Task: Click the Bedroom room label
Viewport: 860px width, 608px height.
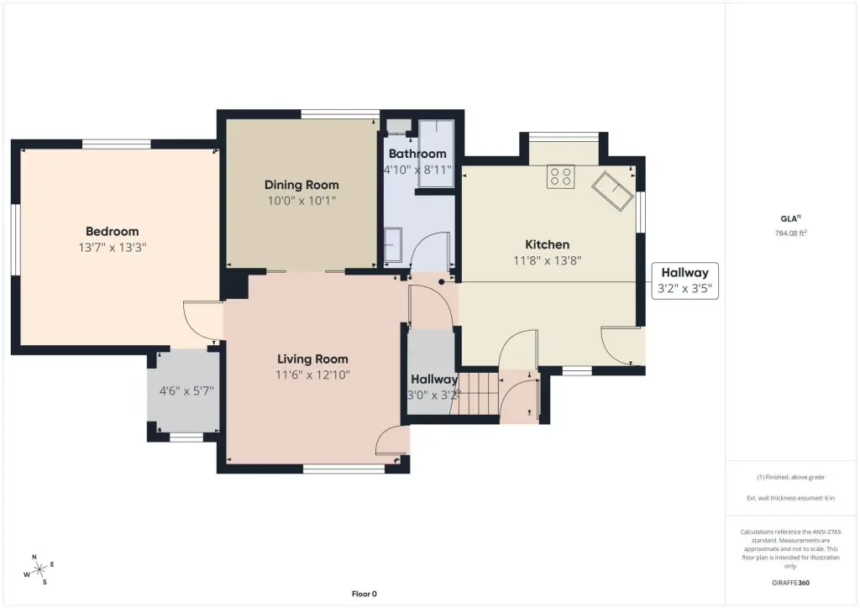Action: tap(112, 231)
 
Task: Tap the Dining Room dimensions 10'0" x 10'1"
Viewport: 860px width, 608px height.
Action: tap(302, 201)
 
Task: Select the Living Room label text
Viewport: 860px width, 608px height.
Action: tap(312, 359)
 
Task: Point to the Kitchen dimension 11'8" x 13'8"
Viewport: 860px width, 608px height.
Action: tap(547, 260)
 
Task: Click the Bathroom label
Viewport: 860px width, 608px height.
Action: tap(417, 154)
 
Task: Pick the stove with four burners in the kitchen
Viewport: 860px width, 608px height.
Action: tap(560, 176)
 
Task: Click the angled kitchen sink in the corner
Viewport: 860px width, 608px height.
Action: tap(612, 191)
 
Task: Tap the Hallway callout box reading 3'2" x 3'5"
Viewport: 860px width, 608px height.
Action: tap(685, 280)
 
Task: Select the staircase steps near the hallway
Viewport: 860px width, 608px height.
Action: tap(478, 394)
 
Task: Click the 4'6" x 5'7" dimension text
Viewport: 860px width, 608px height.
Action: tap(186, 390)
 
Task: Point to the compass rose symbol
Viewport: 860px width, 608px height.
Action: tap(39, 570)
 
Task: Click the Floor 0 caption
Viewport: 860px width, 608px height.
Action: tap(364, 594)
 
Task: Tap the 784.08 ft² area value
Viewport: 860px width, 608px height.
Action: tap(790, 233)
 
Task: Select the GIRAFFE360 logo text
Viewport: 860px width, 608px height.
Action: tap(790, 583)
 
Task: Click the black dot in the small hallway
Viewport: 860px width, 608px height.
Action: tap(442, 282)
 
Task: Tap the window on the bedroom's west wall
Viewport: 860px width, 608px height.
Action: tap(17, 239)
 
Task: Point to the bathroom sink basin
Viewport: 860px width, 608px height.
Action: tap(393, 245)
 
